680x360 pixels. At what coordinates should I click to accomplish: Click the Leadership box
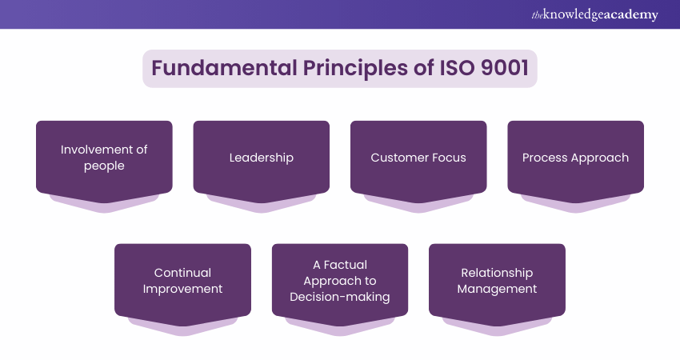tap(261, 158)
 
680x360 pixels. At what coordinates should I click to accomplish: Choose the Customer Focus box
tap(418, 158)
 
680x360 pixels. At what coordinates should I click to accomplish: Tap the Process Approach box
tap(575, 158)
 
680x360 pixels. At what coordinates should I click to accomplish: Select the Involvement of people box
tap(104, 158)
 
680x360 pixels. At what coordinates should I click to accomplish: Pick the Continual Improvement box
tap(182, 281)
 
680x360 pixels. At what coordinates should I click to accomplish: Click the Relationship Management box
tap(497, 281)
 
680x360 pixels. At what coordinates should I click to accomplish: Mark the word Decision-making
tap(340, 297)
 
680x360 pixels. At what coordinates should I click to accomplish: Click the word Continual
tap(182, 273)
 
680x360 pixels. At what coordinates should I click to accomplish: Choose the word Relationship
tap(497, 273)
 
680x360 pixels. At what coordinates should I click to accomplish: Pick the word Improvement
tap(182, 289)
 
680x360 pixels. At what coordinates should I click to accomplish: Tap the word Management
tap(497, 289)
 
